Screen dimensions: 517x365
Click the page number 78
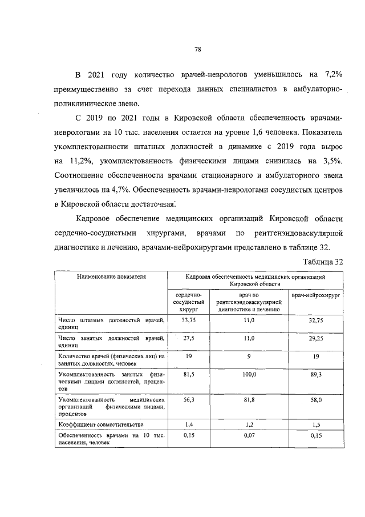tap(197, 49)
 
